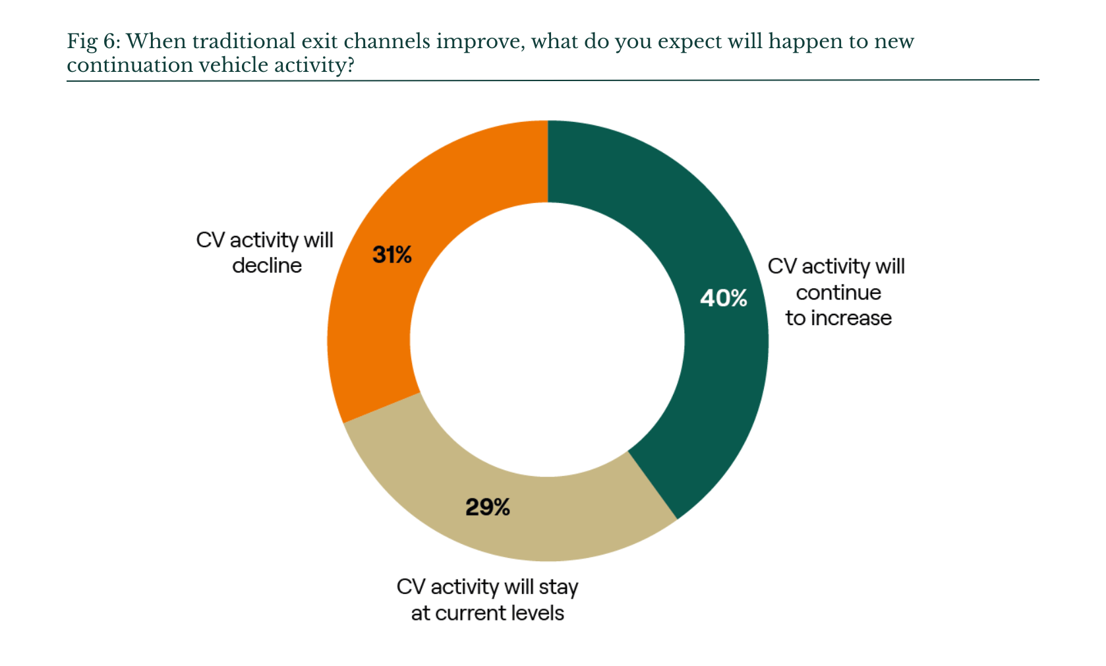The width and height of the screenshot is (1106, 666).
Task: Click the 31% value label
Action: (x=392, y=255)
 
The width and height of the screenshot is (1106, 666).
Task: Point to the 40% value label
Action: (x=724, y=298)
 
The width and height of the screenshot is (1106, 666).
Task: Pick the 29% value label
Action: (x=488, y=507)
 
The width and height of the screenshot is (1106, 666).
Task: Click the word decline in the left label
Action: (x=267, y=266)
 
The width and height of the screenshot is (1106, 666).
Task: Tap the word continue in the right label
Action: (x=838, y=293)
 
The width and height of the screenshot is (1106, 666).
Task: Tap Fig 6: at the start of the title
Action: (x=94, y=42)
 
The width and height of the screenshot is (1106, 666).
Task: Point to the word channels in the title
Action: (x=387, y=41)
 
